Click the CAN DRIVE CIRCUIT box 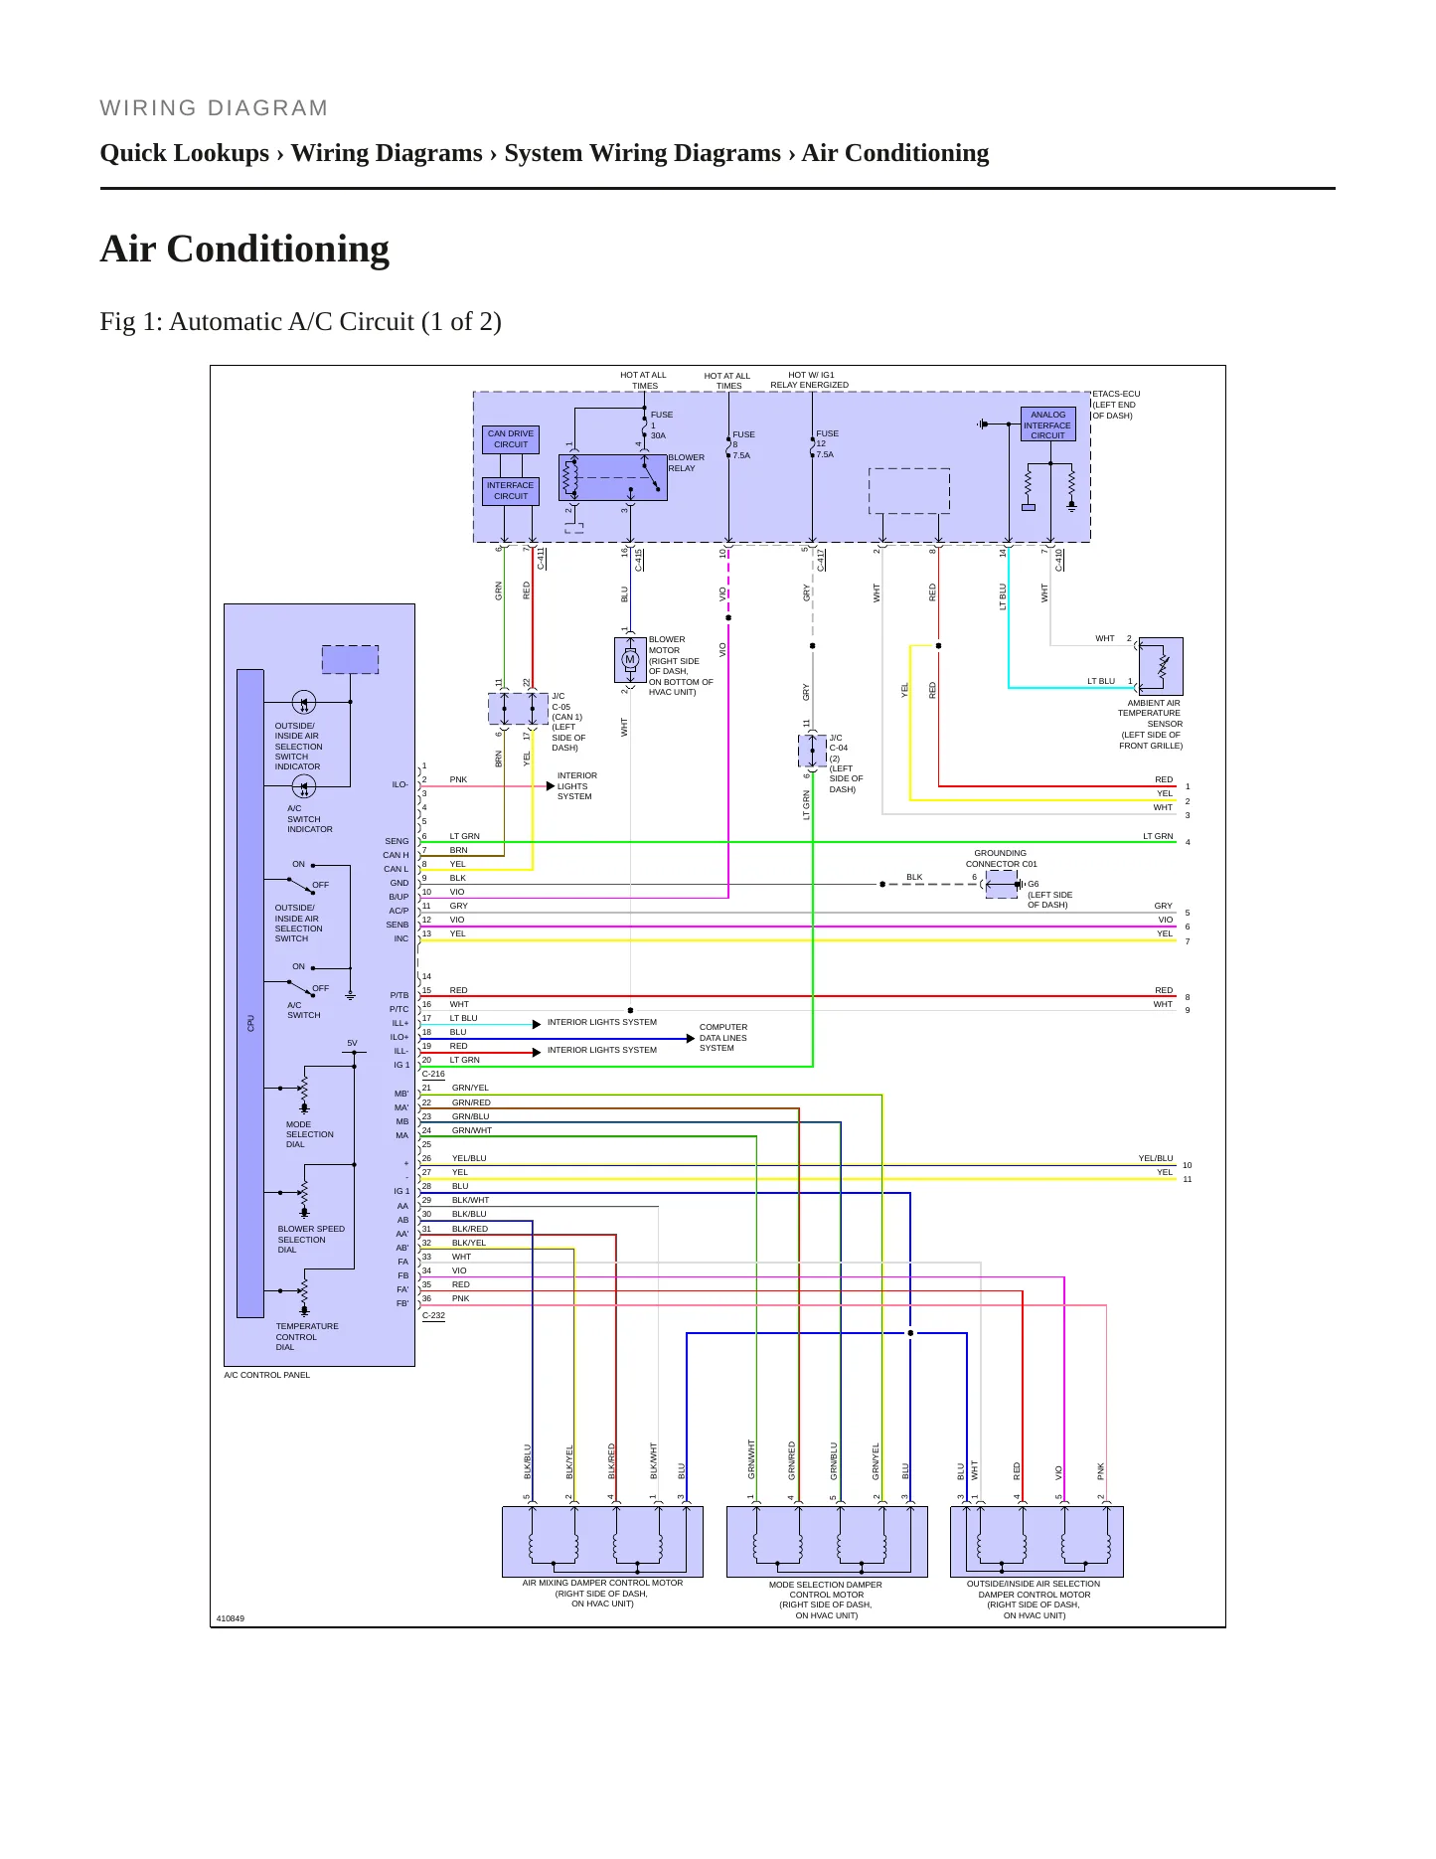click(x=511, y=439)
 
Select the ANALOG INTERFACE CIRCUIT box click(x=1047, y=424)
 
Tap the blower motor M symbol click(x=630, y=659)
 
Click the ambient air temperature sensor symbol click(x=1161, y=666)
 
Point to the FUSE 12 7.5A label click(x=827, y=444)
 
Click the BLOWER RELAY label click(x=686, y=463)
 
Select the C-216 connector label click(x=433, y=1074)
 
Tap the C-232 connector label click(x=433, y=1315)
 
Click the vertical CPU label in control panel click(x=251, y=1023)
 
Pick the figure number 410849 click(x=231, y=1618)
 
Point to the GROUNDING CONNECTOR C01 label click(x=1001, y=859)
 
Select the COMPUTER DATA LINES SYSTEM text click(x=722, y=1038)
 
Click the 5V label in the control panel click(x=352, y=1043)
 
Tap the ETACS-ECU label click(x=1116, y=394)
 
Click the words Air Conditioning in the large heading click(x=244, y=249)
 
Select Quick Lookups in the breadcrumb click(x=185, y=153)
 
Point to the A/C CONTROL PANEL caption click(x=266, y=1375)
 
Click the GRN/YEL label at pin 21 click(x=470, y=1088)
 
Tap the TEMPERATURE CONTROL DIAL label click(x=306, y=1337)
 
